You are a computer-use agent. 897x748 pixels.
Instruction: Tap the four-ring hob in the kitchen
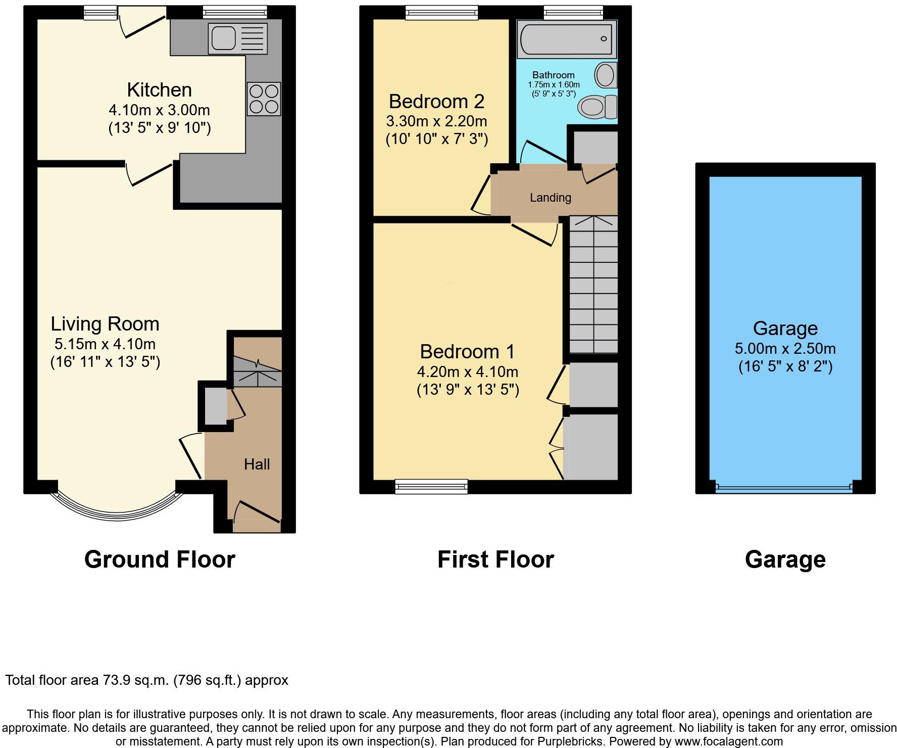coord(264,99)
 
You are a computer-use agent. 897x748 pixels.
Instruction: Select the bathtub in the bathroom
coord(566,39)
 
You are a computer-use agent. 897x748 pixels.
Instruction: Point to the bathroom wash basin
coord(606,75)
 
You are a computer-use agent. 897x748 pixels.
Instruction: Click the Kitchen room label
coord(159,90)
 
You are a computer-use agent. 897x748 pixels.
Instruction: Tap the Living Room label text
coord(105,324)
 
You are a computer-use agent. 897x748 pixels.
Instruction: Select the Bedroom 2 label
coord(436,102)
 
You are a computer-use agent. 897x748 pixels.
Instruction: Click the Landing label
coord(550,198)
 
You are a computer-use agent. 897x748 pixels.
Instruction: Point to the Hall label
coord(257,464)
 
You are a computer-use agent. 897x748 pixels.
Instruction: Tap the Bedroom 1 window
coord(432,487)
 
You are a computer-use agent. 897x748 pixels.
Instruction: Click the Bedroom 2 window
coord(442,12)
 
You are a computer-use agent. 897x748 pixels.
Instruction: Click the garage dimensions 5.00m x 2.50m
coord(785,349)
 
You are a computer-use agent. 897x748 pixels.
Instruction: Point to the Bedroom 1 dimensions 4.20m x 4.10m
coord(467,372)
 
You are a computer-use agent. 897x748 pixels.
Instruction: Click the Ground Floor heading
coord(160,559)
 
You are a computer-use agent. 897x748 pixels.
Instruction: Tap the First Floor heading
coord(495,559)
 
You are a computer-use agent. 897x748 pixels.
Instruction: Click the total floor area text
coord(147,680)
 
